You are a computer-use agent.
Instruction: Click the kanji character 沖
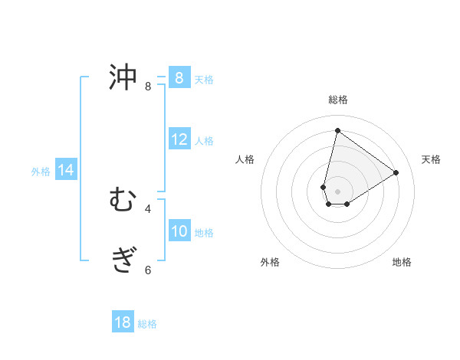pos(123,77)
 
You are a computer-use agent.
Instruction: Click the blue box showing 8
pos(179,78)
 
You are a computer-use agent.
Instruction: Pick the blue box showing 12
pos(179,139)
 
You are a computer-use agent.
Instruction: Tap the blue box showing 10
pos(179,231)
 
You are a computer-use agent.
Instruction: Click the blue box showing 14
pos(66,171)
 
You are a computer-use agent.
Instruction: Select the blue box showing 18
pos(123,322)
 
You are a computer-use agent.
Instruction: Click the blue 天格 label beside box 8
pos(204,80)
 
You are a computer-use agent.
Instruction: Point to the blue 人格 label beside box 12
pos(204,141)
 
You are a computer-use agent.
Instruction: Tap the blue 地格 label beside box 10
pos(204,233)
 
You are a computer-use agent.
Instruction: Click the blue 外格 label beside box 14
pos(41,172)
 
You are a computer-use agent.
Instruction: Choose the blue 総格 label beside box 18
pos(147,324)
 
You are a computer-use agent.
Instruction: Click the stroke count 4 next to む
pos(148,208)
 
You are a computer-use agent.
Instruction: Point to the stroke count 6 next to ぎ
pos(148,270)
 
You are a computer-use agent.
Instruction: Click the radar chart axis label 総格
pos(337,100)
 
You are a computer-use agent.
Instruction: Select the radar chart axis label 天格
pos(431,159)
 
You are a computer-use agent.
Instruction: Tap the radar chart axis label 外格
pos(270,262)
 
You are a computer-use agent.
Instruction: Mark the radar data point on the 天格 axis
pos(396,172)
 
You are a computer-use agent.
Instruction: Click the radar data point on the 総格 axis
pos(337,130)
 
